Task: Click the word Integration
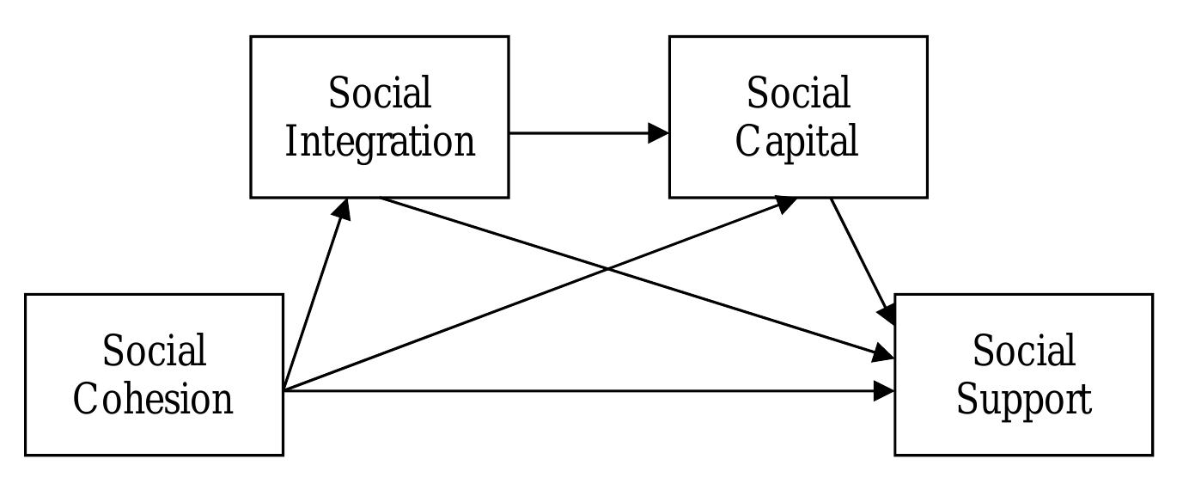(x=380, y=142)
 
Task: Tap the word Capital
(x=797, y=142)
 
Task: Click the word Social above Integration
(x=380, y=93)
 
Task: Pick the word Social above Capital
(x=798, y=93)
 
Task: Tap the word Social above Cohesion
(x=154, y=351)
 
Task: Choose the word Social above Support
(x=1024, y=351)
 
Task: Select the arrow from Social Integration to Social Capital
(x=584, y=133)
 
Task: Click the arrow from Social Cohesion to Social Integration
(x=314, y=297)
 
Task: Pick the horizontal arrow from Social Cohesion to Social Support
(x=584, y=391)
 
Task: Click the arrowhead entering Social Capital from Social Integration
(x=659, y=133)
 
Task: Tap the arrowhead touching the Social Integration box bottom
(x=343, y=209)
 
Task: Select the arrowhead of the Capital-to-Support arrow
(x=888, y=313)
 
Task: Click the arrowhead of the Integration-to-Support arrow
(x=884, y=353)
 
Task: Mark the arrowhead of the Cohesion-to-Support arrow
(x=884, y=391)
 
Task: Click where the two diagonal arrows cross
(x=608, y=269)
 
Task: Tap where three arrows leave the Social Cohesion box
(x=284, y=391)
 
